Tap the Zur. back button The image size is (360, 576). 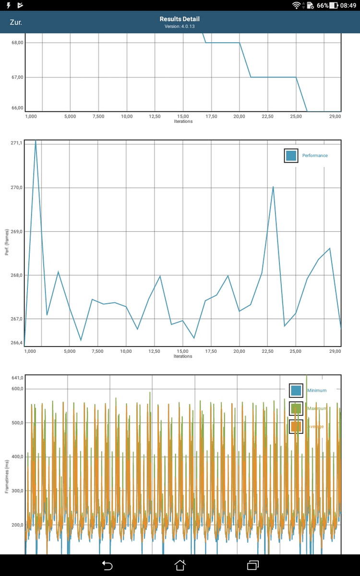(16, 23)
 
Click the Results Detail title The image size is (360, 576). (180, 19)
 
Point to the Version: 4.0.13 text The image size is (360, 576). (180, 26)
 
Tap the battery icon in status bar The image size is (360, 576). (334, 5)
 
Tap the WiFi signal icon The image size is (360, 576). (297, 5)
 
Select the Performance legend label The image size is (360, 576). (315, 156)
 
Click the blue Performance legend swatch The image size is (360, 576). (291, 156)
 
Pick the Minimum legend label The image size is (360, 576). (317, 390)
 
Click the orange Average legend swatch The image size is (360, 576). (296, 426)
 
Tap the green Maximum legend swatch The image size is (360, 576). (296, 408)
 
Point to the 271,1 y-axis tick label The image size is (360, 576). (16, 143)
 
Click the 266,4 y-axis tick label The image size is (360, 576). (16, 343)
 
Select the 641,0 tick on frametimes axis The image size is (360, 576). (17, 378)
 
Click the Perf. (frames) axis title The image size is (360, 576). (7, 243)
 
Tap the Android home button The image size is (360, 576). (180, 565)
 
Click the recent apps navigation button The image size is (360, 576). (253, 565)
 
